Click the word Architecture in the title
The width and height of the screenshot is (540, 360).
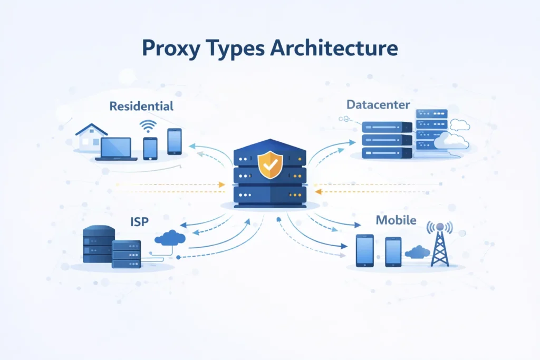click(334, 48)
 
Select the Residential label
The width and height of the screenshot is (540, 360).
click(141, 106)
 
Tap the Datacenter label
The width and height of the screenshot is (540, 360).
click(378, 105)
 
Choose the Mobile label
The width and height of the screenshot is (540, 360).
click(396, 220)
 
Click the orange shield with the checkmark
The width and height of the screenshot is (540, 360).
click(270, 164)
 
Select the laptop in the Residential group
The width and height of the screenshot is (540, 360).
click(116, 149)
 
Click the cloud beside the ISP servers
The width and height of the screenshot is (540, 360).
click(170, 238)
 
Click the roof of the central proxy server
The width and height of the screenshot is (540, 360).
click(269, 146)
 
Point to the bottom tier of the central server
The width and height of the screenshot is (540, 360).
click(269, 196)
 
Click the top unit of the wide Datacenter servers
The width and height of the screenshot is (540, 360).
click(387, 127)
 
